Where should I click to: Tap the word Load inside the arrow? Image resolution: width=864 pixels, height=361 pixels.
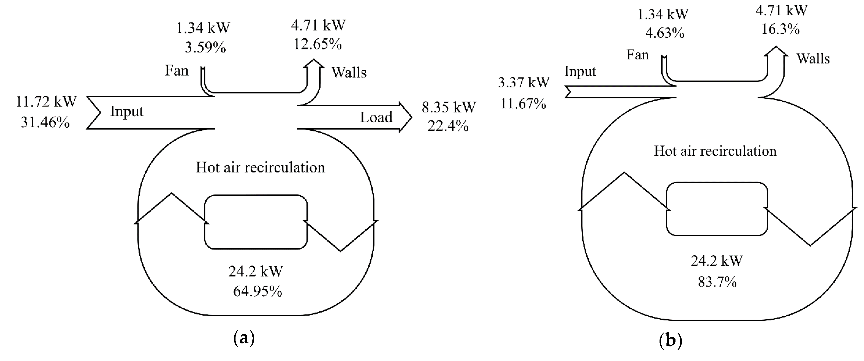(376, 117)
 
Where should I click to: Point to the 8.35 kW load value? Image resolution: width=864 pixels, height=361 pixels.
(448, 107)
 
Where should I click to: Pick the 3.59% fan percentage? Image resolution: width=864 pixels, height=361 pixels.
(205, 48)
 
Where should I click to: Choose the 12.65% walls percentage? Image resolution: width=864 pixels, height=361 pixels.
(318, 44)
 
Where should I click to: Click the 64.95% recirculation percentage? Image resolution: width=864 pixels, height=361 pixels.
(257, 291)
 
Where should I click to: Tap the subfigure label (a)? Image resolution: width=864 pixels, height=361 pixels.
(244, 339)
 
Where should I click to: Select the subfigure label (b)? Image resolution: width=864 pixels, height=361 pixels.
(670, 341)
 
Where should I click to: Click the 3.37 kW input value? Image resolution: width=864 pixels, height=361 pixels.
(523, 82)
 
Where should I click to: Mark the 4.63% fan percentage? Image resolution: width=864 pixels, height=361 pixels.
(664, 33)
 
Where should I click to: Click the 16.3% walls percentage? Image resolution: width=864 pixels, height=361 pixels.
(780, 29)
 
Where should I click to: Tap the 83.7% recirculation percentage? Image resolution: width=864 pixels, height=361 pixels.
(717, 282)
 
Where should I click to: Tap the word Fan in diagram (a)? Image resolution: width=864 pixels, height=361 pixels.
(176, 71)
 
